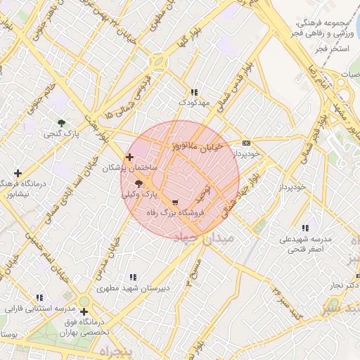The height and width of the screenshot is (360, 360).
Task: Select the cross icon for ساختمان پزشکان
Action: click(x=129, y=157)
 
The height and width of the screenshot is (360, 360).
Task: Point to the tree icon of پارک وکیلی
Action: click(x=138, y=183)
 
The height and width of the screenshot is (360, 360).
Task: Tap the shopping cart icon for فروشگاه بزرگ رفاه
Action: click(x=175, y=202)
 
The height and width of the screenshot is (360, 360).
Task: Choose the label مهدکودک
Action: click(x=194, y=103)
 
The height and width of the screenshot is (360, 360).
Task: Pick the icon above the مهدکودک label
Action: click(x=194, y=92)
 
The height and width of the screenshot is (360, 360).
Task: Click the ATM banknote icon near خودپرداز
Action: click(x=245, y=141)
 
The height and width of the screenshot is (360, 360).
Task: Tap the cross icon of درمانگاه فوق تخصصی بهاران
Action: click(x=84, y=311)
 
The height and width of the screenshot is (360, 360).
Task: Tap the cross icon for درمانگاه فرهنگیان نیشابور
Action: click(x=18, y=173)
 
